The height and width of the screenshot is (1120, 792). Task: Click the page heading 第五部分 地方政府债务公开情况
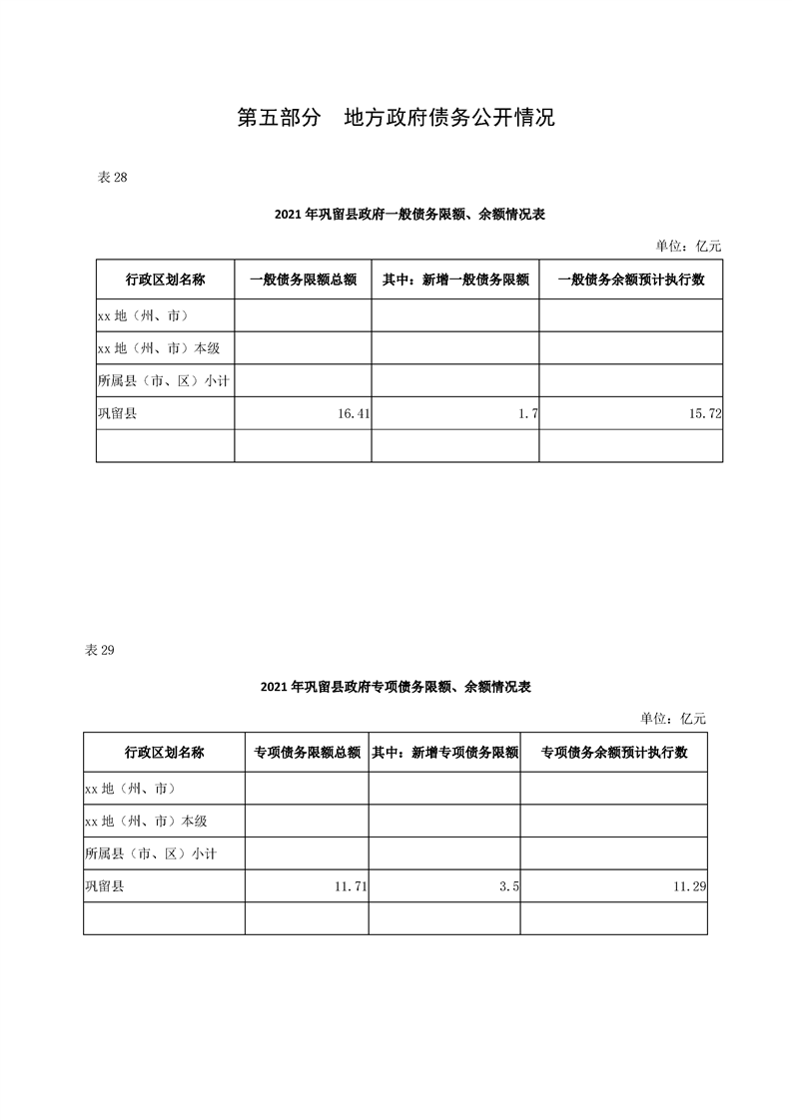coord(396,118)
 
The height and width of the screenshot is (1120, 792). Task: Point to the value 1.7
coord(528,412)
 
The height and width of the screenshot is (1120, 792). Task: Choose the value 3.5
coord(509,885)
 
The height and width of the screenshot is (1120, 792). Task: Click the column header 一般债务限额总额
coord(303,280)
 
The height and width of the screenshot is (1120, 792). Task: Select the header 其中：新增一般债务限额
coord(455,280)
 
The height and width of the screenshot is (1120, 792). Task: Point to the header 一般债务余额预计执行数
coord(631,280)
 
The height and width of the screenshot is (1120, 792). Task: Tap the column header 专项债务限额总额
coord(307,753)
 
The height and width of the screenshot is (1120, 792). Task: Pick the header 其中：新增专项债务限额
coord(444,753)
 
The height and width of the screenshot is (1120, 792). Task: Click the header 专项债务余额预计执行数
coord(613,753)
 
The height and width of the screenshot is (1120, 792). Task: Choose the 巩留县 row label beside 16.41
coord(117,412)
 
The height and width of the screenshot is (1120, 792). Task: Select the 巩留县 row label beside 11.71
coord(105,885)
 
